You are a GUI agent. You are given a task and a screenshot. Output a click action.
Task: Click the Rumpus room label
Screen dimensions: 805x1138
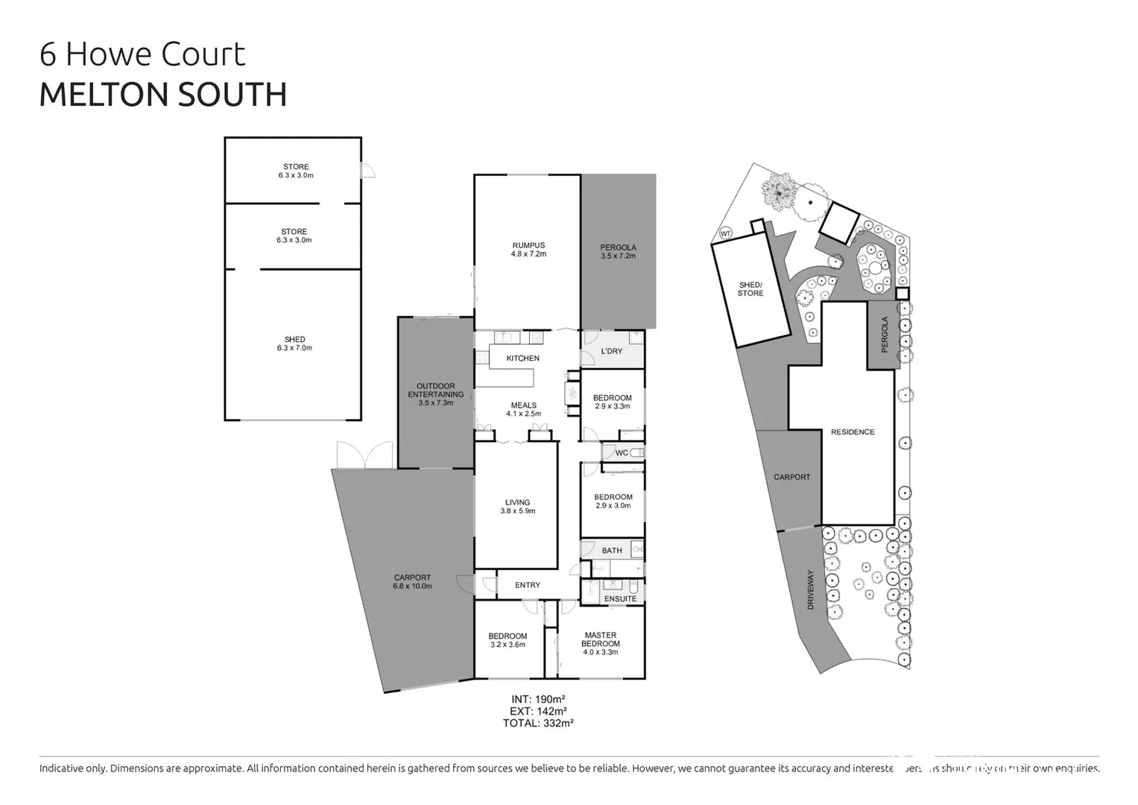pyautogui.click(x=528, y=245)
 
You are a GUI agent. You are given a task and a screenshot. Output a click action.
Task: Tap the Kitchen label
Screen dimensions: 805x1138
pyautogui.click(x=522, y=359)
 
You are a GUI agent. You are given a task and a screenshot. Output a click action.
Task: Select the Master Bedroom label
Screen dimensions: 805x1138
pyautogui.click(x=600, y=640)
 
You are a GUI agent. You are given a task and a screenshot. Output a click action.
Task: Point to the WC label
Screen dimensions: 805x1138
pyautogui.click(x=622, y=452)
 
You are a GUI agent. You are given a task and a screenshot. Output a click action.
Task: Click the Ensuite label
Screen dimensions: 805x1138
pyautogui.click(x=620, y=599)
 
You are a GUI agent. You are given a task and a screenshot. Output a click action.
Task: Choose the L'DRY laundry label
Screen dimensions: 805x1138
pyautogui.click(x=611, y=351)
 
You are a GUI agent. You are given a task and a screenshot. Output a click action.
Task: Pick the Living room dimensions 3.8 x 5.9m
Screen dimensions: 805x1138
pyautogui.click(x=517, y=511)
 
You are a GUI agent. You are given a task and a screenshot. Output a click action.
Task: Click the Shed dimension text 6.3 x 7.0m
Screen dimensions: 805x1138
pyautogui.click(x=294, y=348)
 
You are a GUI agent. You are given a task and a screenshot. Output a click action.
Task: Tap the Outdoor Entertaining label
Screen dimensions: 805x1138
pyautogui.click(x=436, y=391)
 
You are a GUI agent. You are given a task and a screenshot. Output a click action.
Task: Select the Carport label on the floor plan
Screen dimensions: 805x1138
pyautogui.click(x=412, y=578)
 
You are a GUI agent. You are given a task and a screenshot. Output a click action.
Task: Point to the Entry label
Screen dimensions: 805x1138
pyautogui.click(x=528, y=585)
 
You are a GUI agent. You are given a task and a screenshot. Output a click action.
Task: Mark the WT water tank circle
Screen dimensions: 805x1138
pyautogui.click(x=725, y=233)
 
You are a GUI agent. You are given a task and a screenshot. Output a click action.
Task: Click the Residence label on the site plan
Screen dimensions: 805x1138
pyautogui.click(x=853, y=432)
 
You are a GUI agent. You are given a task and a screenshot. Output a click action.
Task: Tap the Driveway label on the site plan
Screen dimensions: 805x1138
pyautogui.click(x=811, y=590)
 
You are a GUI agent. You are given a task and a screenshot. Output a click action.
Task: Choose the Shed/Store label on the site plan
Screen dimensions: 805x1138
pyautogui.click(x=750, y=289)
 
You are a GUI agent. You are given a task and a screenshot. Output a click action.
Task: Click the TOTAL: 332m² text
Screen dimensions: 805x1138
pyautogui.click(x=538, y=723)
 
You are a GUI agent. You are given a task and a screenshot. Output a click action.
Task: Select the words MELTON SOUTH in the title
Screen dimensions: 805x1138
pyautogui.click(x=162, y=95)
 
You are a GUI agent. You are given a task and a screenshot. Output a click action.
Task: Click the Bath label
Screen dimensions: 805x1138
pyautogui.click(x=612, y=551)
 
